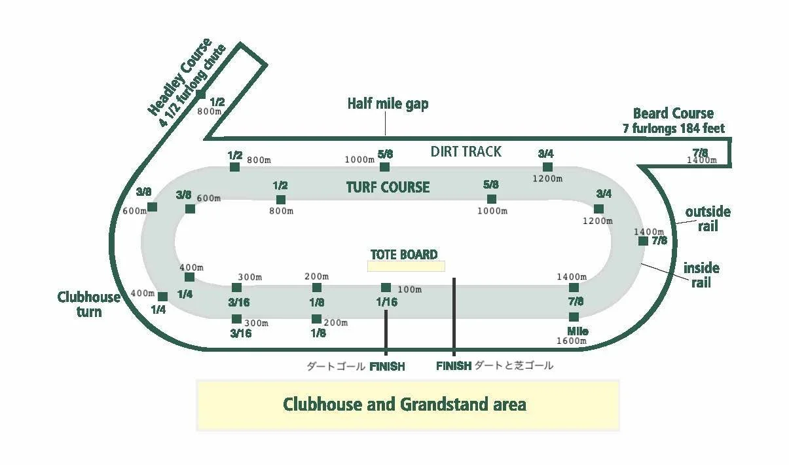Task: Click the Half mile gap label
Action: tap(388, 103)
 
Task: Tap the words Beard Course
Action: tap(673, 113)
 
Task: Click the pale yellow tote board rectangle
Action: tap(406, 267)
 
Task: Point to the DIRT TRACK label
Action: tap(466, 151)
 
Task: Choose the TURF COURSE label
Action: tap(388, 187)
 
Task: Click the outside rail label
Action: tap(707, 219)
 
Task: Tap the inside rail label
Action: tap(701, 275)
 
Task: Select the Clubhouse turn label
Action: tap(89, 304)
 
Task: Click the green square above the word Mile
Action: tap(574, 317)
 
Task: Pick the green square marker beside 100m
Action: tap(386, 288)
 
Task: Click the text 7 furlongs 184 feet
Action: tap(673, 128)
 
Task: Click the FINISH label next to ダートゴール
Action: tap(387, 366)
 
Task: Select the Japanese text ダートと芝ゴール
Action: tap(513, 365)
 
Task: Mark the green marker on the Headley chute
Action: tap(200, 94)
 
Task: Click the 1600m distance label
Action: tap(572, 341)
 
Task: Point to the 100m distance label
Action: tap(409, 289)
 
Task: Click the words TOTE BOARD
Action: tap(404, 254)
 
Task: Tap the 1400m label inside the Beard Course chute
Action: tap(702, 160)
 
